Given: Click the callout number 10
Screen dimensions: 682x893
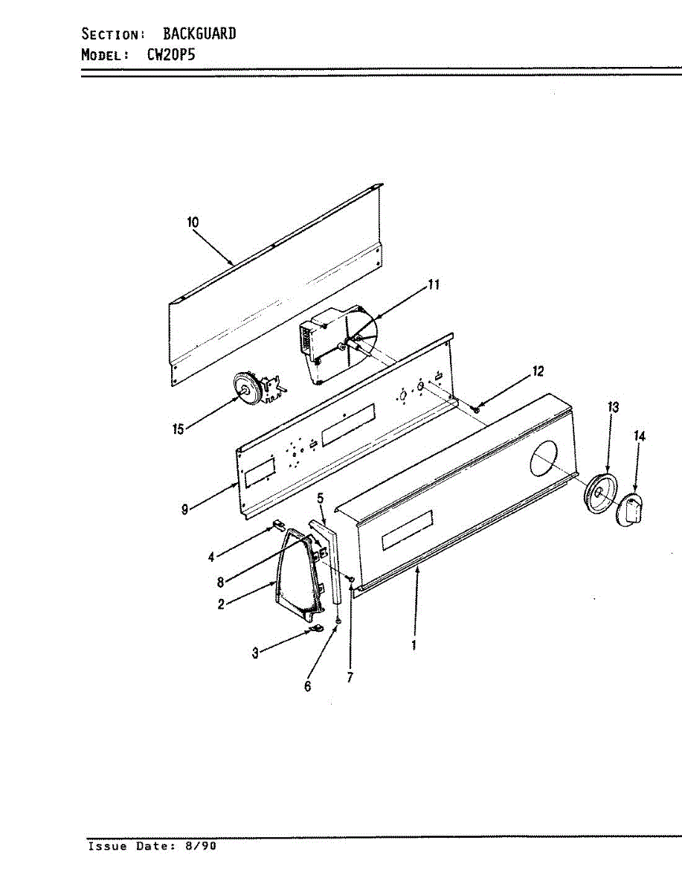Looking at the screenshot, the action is tap(193, 222).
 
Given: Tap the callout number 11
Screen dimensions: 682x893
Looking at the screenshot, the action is tap(434, 284).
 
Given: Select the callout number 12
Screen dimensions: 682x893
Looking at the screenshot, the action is tap(538, 371).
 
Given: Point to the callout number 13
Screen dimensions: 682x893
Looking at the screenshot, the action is tap(613, 407).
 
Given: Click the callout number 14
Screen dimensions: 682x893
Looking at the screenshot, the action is tap(640, 436).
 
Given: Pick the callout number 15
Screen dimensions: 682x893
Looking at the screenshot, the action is tap(178, 430).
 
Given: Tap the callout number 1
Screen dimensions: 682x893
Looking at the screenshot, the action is tap(414, 645).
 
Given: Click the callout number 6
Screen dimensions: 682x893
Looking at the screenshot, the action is tap(307, 687).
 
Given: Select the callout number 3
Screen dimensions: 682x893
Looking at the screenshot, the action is tap(255, 653).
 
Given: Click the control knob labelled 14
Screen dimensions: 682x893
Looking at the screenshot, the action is tap(631, 510).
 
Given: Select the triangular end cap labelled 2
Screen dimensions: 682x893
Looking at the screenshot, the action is tap(297, 573).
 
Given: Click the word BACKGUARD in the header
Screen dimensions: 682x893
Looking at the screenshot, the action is tap(199, 33).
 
